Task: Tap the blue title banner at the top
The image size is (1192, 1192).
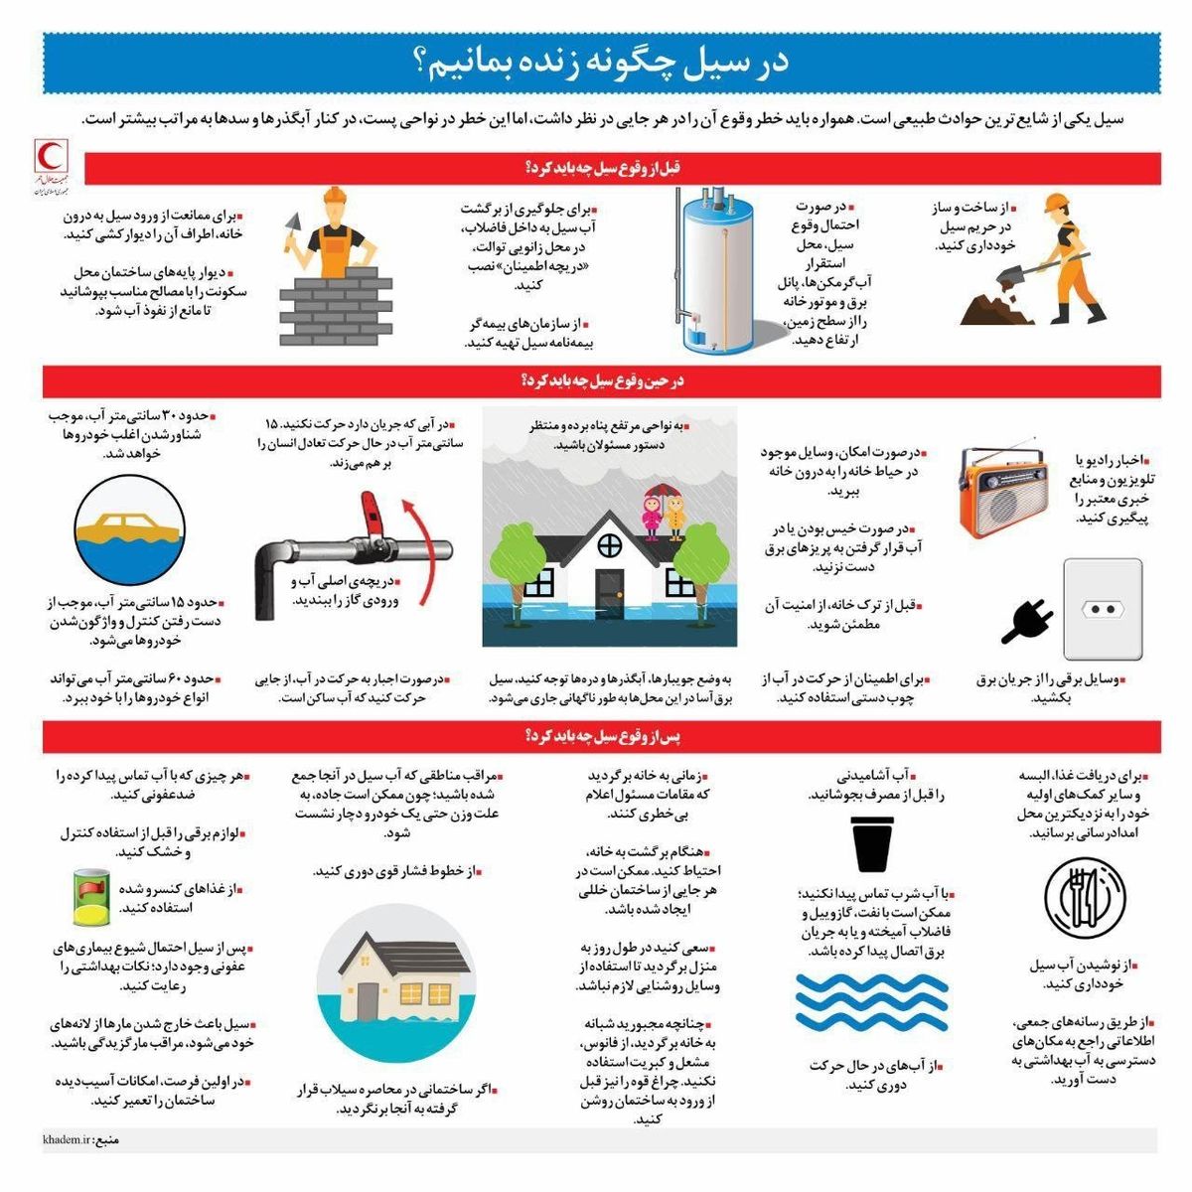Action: [600, 63]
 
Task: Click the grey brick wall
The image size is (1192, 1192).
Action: [327, 304]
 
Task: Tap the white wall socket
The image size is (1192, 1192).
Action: [1102, 608]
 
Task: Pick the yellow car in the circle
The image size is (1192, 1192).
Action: [129, 525]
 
